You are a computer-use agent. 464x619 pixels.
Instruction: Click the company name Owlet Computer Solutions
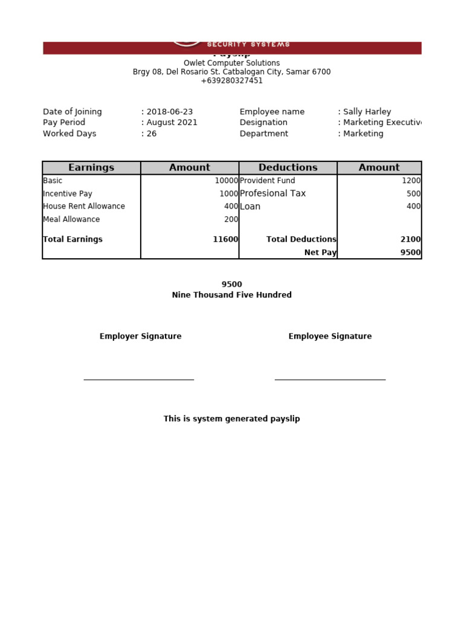231,63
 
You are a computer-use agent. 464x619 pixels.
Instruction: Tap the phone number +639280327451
231,80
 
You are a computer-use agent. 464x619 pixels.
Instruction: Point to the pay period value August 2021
172,123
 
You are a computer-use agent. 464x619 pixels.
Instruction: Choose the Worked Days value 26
151,134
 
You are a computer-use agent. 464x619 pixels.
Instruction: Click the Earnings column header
91,167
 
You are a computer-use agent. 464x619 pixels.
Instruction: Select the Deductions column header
288,167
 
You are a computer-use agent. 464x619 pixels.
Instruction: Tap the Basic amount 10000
227,181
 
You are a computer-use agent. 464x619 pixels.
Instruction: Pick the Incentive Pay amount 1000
228,193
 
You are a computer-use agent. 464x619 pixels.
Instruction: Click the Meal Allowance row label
71,219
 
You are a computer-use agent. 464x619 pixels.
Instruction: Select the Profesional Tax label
272,193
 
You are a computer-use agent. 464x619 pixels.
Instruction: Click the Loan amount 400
413,206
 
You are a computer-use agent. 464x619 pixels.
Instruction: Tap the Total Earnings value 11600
225,239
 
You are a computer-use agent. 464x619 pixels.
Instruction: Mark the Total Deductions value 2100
410,239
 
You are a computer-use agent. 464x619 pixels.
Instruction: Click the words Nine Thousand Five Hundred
231,295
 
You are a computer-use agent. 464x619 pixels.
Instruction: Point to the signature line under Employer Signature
138,379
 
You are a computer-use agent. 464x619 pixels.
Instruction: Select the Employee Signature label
330,336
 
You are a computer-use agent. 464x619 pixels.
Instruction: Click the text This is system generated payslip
231,419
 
